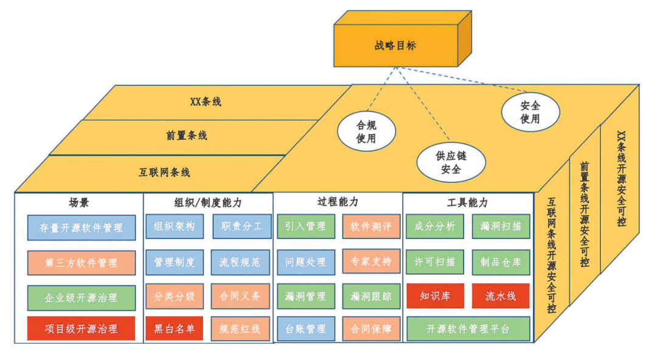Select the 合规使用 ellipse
[x=366, y=131]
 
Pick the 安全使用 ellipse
[x=529, y=112]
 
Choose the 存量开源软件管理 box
[x=82, y=228]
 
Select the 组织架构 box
[x=175, y=227]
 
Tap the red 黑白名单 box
[x=175, y=329]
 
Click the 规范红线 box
[x=240, y=329]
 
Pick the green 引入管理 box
[x=305, y=227]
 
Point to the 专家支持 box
[x=371, y=261]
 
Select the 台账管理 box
[x=305, y=329]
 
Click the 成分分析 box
[x=434, y=227]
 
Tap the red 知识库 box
[x=434, y=296]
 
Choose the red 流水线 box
[x=501, y=296]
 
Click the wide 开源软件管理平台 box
[x=467, y=329]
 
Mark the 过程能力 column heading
[x=338, y=202]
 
